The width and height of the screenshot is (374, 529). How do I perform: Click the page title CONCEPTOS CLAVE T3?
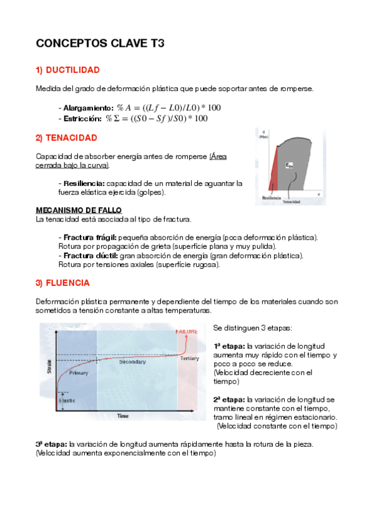pyautogui.click(x=100, y=44)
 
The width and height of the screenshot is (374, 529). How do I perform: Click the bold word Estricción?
pyautogui.click(x=81, y=118)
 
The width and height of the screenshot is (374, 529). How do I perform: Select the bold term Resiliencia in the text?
pyautogui.click(x=83, y=183)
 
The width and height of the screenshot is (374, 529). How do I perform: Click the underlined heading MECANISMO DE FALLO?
pyautogui.click(x=79, y=210)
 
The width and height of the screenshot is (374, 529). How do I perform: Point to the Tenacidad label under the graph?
pyautogui.click(x=291, y=202)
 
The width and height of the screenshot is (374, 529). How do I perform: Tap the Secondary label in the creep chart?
pyautogui.click(x=132, y=362)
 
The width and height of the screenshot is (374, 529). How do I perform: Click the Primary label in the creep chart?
pyautogui.click(x=79, y=373)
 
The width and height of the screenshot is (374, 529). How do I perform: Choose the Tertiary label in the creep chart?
pyautogui.click(x=189, y=359)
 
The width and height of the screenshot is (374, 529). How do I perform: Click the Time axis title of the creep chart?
pyautogui.click(x=123, y=415)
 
